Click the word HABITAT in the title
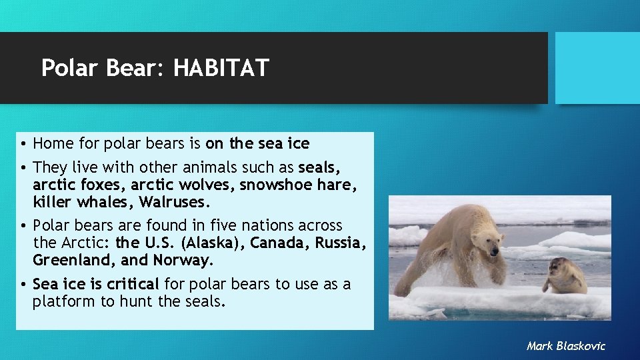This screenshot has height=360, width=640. click(x=221, y=68)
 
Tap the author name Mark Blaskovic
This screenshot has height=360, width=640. click(x=565, y=345)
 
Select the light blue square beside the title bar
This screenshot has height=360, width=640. click(x=597, y=68)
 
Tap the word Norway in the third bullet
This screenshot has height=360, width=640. click(x=181, y=259)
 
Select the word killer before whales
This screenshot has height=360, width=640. click(x=51, y=201)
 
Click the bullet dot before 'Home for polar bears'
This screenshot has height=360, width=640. click(x=23, y=144)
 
